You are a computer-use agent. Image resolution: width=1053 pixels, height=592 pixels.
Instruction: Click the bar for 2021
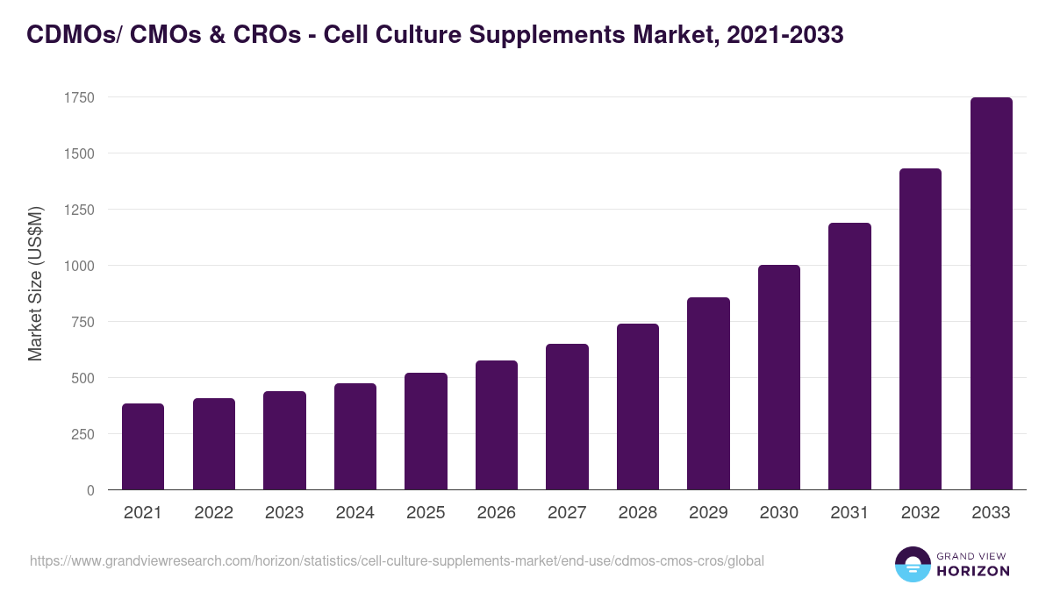pyautogui.click(x=143, y=446)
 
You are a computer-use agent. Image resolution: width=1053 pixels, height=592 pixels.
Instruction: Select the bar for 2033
pyautogui.click(x=991, y=294)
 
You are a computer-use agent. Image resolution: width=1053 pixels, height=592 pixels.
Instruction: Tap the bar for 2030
pyautogui.click(x=779, y=377)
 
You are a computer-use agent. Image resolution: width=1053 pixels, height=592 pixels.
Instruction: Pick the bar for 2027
pyautogui.click(x=567, y=417)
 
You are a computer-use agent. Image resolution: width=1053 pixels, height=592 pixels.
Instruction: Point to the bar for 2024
pyautogui.click(x=355, y=437)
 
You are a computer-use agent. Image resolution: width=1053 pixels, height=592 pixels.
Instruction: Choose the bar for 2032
pyautogui.click(x=920, y=329)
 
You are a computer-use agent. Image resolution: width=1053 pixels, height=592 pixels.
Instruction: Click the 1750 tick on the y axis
pyautogui.click(x=79, y=97)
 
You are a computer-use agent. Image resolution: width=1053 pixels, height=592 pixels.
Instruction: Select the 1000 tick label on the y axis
pyautogui.click(x=79, y=266)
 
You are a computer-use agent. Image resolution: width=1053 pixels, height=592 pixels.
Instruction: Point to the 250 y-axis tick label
pyautogui.click(x=82, y=434)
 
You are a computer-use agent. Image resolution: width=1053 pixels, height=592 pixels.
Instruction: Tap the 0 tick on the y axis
pyautogui.click(x=90, y=490)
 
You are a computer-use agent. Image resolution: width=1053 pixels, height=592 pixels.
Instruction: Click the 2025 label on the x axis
pyautogui.click(x=426, y=513)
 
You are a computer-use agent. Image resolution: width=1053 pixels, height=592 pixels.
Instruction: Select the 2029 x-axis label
pyautogui.click(x=708, y=513)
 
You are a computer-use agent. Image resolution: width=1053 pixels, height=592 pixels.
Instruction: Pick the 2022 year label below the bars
pyautogui.click(x=214, y=513)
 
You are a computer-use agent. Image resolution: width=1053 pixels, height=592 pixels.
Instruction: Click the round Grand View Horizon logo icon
pyautogui.click(x=912, y=564)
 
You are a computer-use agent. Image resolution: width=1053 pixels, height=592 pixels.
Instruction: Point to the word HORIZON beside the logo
pyautogui.click(x=973, y=571)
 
